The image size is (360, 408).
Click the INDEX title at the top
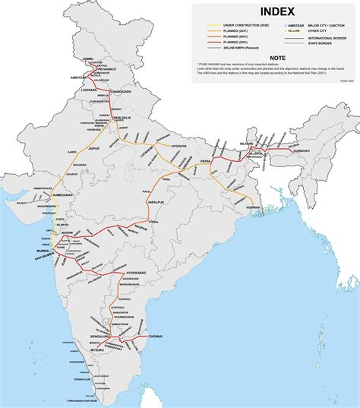coord(273,11)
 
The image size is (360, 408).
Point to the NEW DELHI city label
coord(122,119)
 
